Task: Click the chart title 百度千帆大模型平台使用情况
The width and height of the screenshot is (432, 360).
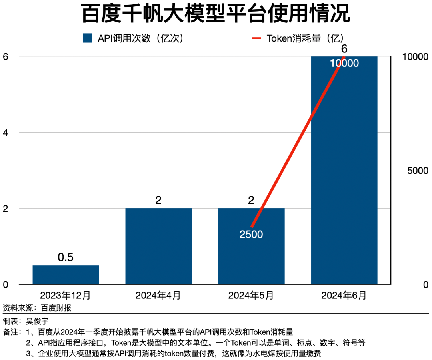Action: [x=216, y=14]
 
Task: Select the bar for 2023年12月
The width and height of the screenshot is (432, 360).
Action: [x=66, y=274]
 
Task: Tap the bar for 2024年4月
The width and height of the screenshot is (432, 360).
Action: [x=158, y=246]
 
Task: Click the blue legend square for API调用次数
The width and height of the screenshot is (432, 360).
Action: [x=88, y=38]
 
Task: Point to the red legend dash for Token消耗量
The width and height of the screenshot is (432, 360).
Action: [x=256, y=38]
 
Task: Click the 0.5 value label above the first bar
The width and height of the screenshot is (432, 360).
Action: [x=66, y=257]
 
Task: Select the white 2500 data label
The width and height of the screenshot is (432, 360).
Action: [x=251, y=235]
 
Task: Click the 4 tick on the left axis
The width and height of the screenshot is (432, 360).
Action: [x=5, y=132]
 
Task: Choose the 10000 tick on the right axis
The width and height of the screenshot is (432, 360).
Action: [x=416, y=57]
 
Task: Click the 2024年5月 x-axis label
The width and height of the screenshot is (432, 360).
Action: [x=251, y=296]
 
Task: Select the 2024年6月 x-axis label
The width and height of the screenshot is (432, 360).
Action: [x=344, y=296]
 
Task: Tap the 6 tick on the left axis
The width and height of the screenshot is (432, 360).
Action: [x=5, y=57]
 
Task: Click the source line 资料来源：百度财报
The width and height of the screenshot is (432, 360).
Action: [x=39, y=308]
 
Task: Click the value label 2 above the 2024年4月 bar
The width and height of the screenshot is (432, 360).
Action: [x=158, y=200]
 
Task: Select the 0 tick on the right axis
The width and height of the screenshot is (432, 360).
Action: [x=426, y=285]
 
